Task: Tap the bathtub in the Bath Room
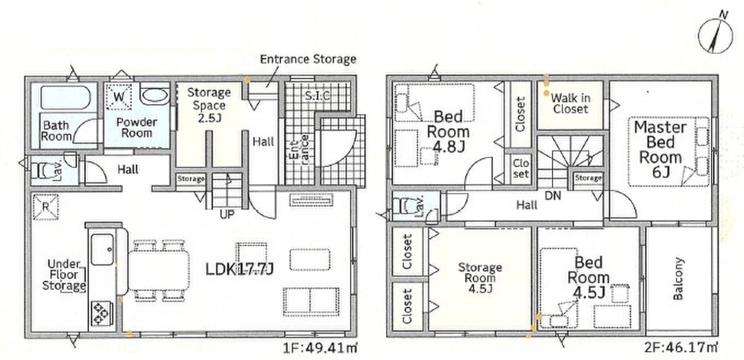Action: pos(66,98)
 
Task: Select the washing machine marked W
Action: pos(118,97)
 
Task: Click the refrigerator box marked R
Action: pos(45,207)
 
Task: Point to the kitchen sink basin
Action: pos(102,249)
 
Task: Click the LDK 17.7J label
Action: pos(239,269)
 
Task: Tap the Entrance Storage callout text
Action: pos(308,59)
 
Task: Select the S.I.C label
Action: pos(317,95)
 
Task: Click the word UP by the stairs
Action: pos(227,214)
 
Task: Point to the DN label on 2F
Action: pos(553,195)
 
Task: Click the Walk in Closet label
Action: pos(570,103)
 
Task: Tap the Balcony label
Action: pos(678,278)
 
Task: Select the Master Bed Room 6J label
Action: pos(660,150)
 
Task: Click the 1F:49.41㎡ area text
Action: pos(319,348)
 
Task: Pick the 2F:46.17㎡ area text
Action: pos(681,348)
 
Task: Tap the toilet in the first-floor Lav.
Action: pos(42,170)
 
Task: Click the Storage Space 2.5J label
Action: pos(209,105)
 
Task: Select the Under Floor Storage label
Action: pos(64,275)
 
